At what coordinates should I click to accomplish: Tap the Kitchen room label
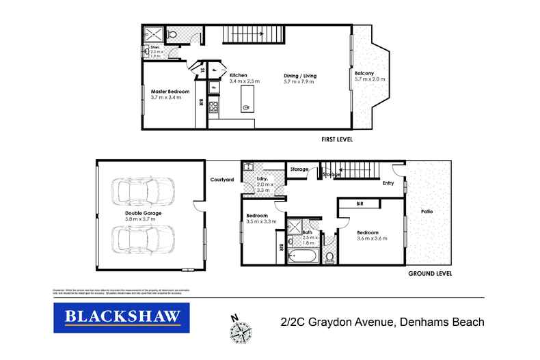tap(238, 75)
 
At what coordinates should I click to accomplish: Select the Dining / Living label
tap(300, 75)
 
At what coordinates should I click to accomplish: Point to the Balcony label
tap(364, 73)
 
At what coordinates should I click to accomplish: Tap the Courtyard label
tap(222, 180)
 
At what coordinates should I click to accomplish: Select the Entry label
tap(388, 183)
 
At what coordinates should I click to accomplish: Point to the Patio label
tap(427, 211)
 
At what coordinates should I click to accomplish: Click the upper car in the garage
tap(140, 193)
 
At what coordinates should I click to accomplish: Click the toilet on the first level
tap(172, 33)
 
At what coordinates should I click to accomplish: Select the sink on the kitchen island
tap(245, 107)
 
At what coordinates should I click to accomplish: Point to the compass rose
tap(240, 331)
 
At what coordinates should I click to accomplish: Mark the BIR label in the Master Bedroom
tap(201, 102)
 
